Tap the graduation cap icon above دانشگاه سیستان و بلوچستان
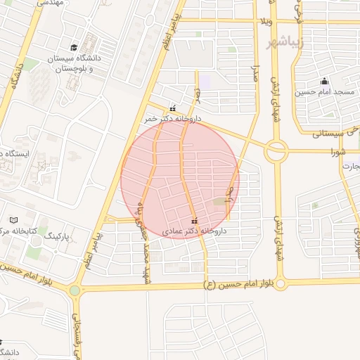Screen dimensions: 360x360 [94, 39]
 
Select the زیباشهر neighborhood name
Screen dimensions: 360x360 [284, 43]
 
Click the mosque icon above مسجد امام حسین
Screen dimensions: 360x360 [324, 81]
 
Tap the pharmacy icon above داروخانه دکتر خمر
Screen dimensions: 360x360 [173, 109]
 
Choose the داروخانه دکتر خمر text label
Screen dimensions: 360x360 [173, 120]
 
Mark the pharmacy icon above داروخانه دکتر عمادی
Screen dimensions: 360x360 [194, 221]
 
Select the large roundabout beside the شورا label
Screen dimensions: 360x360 [276, 150]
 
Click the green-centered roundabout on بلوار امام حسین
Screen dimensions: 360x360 [75, 290]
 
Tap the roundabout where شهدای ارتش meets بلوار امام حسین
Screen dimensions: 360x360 [281, 284]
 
